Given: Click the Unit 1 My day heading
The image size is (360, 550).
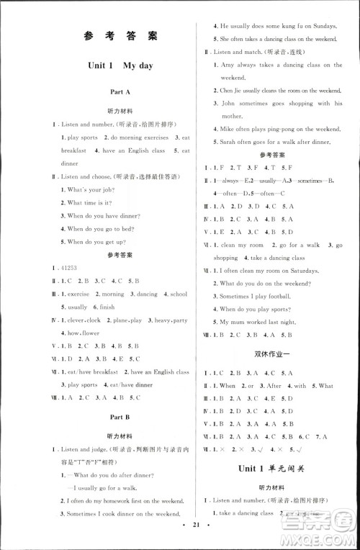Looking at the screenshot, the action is tap(120, 66).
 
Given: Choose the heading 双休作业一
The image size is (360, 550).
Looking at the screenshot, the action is tap(280, 354).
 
